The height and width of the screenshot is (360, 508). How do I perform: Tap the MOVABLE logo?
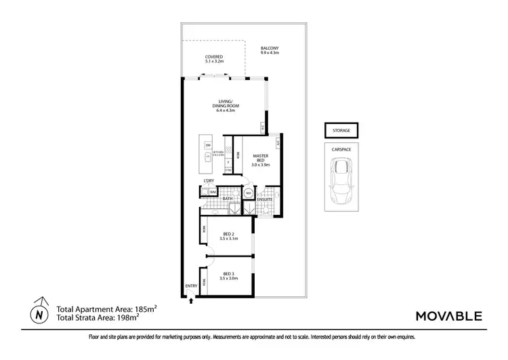[x=449, y=315]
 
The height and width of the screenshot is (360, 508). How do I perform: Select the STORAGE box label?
[x=341, y=129]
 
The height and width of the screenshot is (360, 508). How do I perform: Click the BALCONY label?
[x=270, y=49]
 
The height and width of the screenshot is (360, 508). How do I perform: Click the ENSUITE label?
[x=264, y=199]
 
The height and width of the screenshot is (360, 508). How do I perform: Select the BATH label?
[x=228, y=199]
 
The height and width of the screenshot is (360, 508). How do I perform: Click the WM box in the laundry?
[x=213, y=193]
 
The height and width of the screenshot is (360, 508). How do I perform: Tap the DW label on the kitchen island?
[x=209, y=146]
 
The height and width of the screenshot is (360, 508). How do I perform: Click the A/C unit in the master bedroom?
[x=278, y=144]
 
